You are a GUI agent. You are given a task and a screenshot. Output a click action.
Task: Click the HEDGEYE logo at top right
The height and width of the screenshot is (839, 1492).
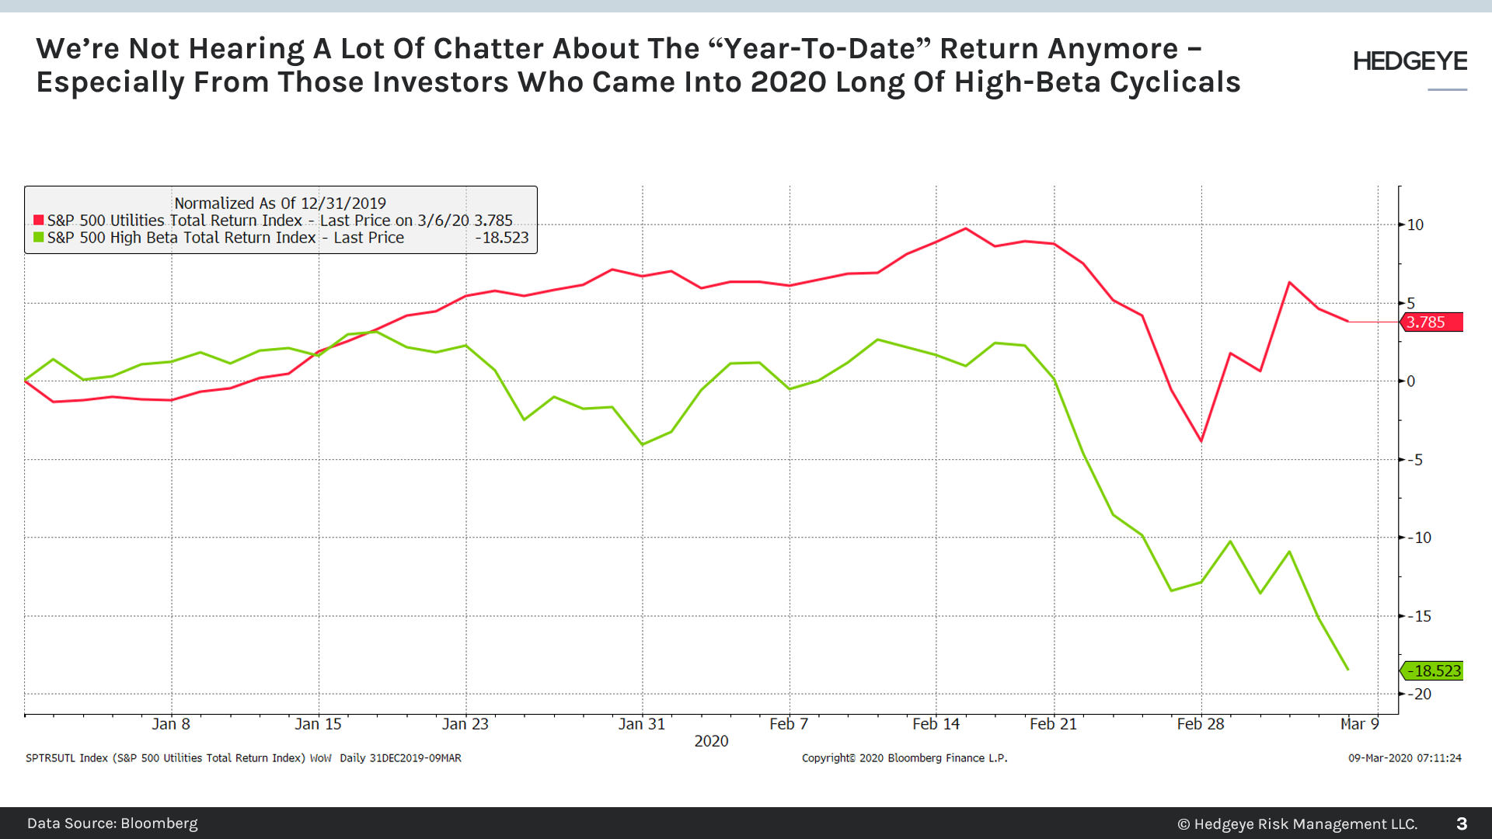pyautogui.click(x=1410, y=61)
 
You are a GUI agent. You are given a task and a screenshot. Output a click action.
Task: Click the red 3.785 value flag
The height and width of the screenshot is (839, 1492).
pyautogui.click(x=1432, y=322)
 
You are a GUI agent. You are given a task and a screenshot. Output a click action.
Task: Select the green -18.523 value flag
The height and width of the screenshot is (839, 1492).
pyautogui.click(x=1433, y=671)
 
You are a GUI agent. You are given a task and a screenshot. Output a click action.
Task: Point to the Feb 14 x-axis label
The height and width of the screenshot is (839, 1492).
pyautogui.click(x=936, y=724)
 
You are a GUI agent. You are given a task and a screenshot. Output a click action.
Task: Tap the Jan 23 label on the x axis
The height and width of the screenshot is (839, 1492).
pyautogui.click(x=465, y=724)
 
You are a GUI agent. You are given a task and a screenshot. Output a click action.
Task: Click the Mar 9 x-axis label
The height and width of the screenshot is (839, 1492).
pyautogui.click(x=1359, y=724)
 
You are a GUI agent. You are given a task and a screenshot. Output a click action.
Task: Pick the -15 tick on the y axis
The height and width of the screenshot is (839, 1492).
pyautogui.click(x=1421, y=617)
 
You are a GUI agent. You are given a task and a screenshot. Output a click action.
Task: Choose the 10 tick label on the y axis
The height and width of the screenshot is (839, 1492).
pyautogui.click(x=1415, y=225)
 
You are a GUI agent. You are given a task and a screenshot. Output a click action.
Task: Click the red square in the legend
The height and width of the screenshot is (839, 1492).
pyautogui.click(x=39, y=221)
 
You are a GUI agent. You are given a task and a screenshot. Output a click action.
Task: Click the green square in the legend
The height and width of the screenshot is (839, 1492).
pyautogui.click(x=39, y=238)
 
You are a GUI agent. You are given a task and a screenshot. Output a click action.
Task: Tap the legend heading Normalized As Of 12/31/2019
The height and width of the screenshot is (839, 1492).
pyautogui.click(x=280, y=204)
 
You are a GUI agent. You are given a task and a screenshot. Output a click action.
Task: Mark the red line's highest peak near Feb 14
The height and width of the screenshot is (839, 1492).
pyautogui.click(x=965, y=228)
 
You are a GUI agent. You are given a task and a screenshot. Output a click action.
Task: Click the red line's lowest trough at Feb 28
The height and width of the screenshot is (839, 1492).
pyautogui.click(x=1201, y=441)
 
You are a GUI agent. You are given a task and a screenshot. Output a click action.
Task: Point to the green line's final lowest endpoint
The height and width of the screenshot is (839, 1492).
pyautogui.click(x=1347, y=669)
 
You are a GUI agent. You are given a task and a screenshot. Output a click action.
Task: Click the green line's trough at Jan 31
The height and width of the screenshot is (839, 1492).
pyautogui.click(x=642, y=444)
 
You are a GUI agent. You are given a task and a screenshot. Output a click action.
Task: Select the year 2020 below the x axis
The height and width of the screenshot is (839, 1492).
pyautogui.click(x=711, y=741)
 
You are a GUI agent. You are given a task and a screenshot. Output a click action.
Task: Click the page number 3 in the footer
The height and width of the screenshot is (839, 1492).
pyautogui.click(x=1461, y=823)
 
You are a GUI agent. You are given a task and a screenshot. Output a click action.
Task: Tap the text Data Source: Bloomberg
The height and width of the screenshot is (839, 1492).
pyautogui.click(x=113, y=823)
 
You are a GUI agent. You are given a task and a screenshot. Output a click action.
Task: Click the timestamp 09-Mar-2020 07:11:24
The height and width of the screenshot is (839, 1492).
pyautogui.click(x=1404, y=758)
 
